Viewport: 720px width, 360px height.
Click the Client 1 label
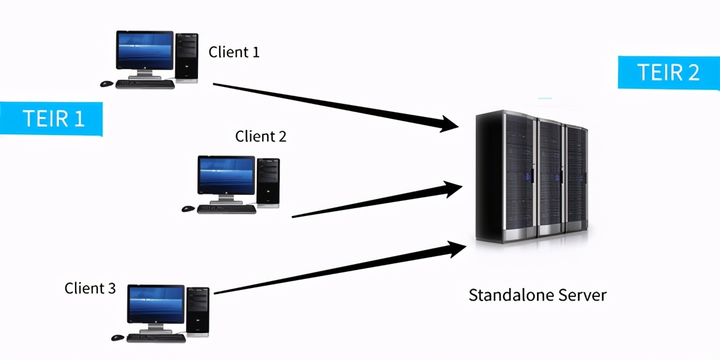pyautogui.click(x=234, y=52)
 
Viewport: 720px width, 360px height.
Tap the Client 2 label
pyautogui.click(x=260, y=137)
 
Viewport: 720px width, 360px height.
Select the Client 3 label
pyautogui.click(x=90, y=289)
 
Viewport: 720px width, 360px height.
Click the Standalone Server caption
pyautogui.click(x=537, y=295)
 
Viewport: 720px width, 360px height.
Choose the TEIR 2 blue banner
pyautogui.click(x=668, y=73)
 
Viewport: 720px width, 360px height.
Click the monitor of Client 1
pyautogui.click(x=143, y=50)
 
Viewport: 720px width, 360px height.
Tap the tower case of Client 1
pyautogui.click(x=186, y=57)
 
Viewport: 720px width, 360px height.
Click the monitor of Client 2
pyautogui.click(x=226, y=175)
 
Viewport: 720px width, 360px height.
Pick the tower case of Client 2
pyautogui.click(x=268, y=181)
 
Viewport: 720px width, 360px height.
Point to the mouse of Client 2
pyautogui.click(x=188, y=209)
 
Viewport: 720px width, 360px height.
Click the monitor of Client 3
pyautogui.click(x=156, y=304)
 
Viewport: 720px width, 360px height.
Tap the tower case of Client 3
pyautogui.click(x=198, y=310)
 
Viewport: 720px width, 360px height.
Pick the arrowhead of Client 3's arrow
pyautogui.click(x=455, y=248)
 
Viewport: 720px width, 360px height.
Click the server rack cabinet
pyautogui.click(x=531, y=177)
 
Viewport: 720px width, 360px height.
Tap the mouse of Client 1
pyautogui.click(x=107, y=83)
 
